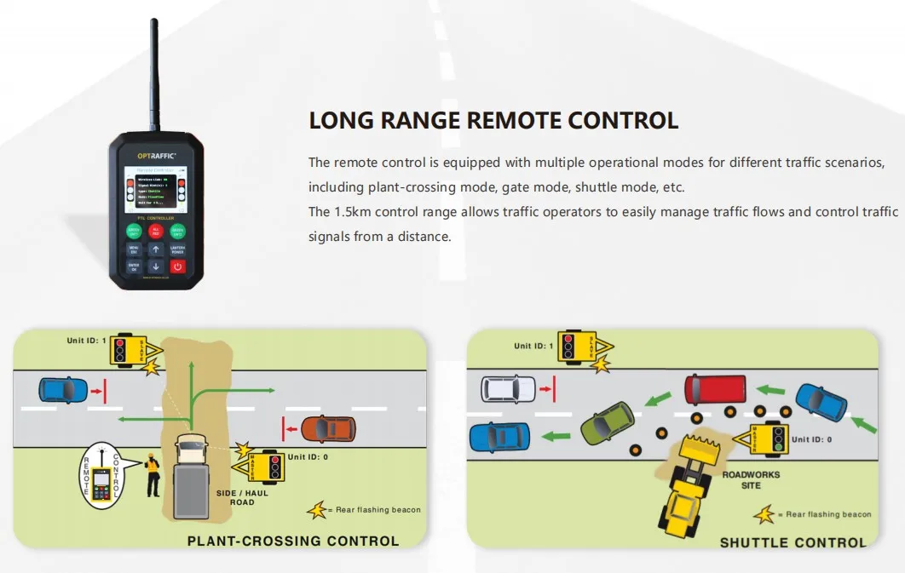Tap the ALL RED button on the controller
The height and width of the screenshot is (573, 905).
[x=156, y=230]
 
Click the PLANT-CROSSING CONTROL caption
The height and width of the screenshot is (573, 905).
[x=293, y=541]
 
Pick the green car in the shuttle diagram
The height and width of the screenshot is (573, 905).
[x=608, y=421]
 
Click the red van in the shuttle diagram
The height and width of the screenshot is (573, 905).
[x=715, y=389]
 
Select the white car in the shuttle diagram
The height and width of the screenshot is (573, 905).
[x=508, y=389]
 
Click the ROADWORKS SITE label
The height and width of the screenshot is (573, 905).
[x=751, y=480]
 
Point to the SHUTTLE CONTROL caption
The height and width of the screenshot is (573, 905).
[x=793, y=542]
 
